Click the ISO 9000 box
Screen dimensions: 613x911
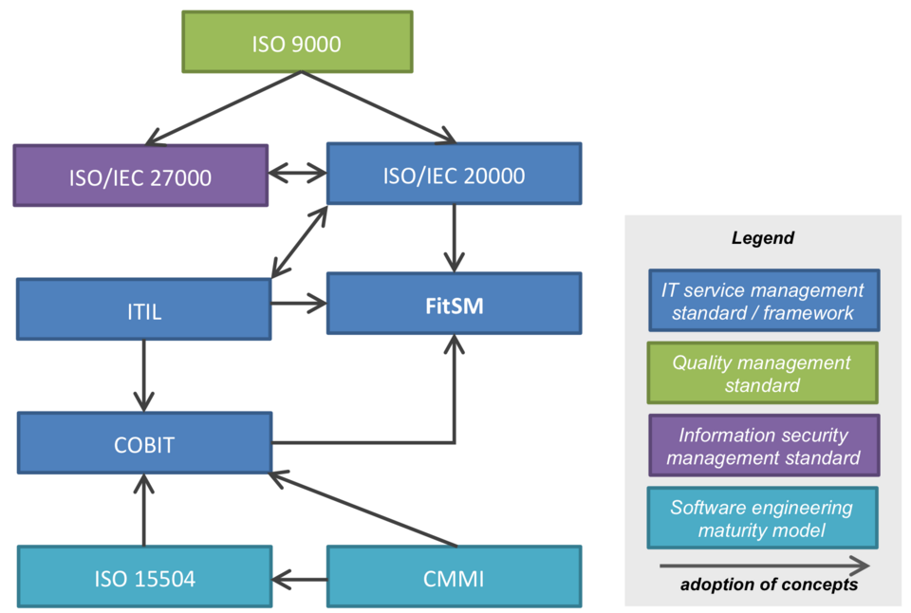(x=297, y=42)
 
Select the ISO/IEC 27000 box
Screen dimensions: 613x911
(x=140, y=176)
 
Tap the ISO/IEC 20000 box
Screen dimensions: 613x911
(x=454, y=174)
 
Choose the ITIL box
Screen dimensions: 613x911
(x=144, y=309)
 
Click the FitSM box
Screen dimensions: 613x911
(x=454, y=304)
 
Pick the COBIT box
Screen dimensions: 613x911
(x=144, y=443)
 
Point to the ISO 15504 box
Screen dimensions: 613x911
(x=144, y=577)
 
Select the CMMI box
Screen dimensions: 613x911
(x=454, y=577)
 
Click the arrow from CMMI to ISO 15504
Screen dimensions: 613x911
(x=299, y=577)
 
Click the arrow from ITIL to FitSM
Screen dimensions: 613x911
(x=299, y=304)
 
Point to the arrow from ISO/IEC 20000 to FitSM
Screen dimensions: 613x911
(x=455, y=238)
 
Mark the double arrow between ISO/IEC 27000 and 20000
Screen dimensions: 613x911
(x=298, y=174)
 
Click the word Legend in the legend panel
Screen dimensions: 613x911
(x=762, y=238)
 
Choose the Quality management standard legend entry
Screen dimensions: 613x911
(x=762, y=374)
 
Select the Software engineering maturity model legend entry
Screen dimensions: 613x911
(x=762, y=518)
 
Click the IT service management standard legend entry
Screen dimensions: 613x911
(x=763, y=302)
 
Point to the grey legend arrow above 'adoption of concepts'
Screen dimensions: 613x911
(x=764, y=567)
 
